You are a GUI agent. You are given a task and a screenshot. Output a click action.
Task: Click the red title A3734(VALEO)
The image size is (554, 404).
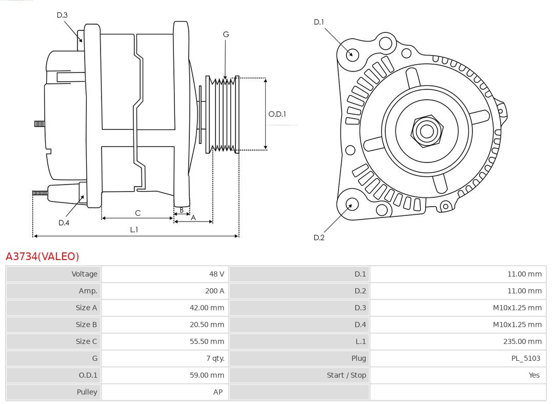pyautogui.click(x=42, y=256)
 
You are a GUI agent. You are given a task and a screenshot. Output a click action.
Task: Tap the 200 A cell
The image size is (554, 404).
pyautogui.click(x=214, y=291)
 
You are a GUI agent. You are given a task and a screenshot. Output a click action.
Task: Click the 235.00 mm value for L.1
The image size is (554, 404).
pyautogui.click(x=522, y=341)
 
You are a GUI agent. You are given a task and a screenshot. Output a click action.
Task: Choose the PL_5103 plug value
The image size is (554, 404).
pyautogui.click(x=525, y=358)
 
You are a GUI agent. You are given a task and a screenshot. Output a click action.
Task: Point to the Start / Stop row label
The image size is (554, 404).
pyautogui.click(x=346, y=375)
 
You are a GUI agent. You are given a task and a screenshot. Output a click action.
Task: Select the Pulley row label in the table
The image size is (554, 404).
pyautogui.click(x=87, y=392)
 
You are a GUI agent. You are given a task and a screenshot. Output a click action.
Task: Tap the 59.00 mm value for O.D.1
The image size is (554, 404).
pyautogui.click(x=207, y=375)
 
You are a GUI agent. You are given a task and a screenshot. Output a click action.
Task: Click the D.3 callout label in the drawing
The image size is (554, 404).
pyautogui.click(x=62, y=15)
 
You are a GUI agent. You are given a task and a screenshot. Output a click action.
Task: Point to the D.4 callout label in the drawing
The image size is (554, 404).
pyautogui.click(x=64, y=223)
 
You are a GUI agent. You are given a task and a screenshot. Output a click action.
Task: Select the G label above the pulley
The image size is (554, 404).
pyautogui.click(x=226, y=34)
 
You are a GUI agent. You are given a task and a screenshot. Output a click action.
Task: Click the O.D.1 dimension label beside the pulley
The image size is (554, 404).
pyautogui.click(x=277, y=114)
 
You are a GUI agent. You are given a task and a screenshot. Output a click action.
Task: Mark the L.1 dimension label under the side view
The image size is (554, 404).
pyautogui.click(x=134, y=230)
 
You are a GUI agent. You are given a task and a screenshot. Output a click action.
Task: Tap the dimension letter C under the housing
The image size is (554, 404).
pyautogui.click(x=137, y=213)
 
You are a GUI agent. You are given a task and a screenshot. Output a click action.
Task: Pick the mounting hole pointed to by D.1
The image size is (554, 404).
pyautogui.click(x=352, y=54)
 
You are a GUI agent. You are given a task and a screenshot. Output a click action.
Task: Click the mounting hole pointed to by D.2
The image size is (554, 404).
pyautogui.click(x=351, y=205)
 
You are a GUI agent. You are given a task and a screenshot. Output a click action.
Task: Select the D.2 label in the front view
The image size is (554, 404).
pyautogui.click(x=319, y=237)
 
